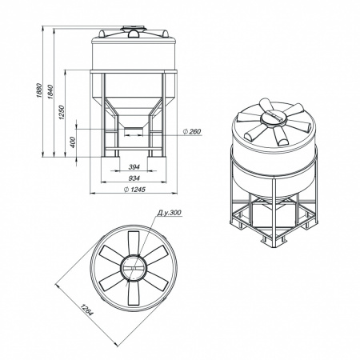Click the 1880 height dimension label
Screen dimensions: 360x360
click(39, 90)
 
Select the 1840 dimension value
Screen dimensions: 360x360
click(50, 92)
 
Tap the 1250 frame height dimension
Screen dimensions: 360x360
click(62, 112)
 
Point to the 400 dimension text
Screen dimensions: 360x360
click(73, 142)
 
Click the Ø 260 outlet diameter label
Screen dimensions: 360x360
click(192, 131)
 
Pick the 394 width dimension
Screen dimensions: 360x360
click(134, 167)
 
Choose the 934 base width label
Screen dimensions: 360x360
click(134, 178)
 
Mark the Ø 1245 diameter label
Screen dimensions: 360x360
click(134, 190)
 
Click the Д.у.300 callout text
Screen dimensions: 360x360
click(169, 213)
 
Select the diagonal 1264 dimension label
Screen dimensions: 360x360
click(86, 310)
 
